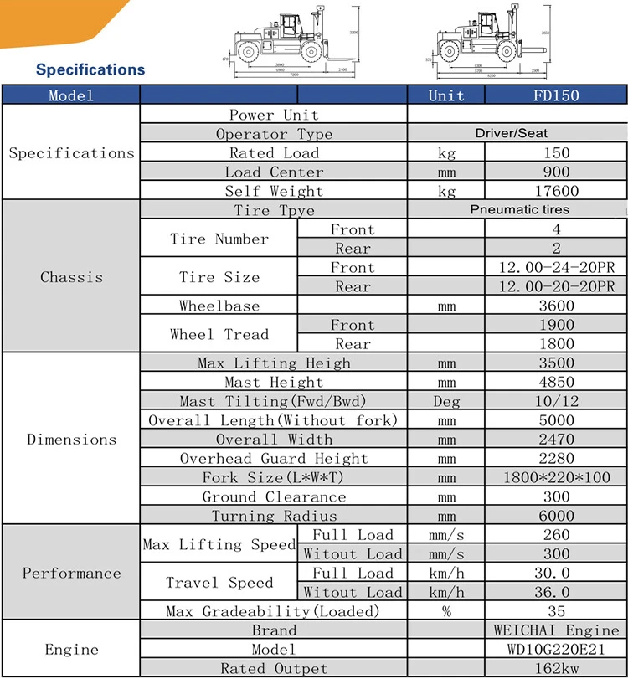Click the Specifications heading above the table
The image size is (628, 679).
(90, 69)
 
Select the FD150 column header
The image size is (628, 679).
(556, 95)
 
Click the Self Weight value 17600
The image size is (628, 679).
(556, 191)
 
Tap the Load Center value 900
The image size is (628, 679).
(556, 172)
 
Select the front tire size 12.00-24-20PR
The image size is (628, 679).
(556, 268)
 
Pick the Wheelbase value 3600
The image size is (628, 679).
(556, 306)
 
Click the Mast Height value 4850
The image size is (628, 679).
(556, 383)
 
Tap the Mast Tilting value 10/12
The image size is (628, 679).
(556, 401)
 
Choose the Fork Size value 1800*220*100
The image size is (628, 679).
(556, 477)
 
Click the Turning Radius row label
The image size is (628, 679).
(274, 516)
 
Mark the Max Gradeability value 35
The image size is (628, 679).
(556, 611)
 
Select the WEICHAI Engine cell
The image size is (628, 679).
(556, 630)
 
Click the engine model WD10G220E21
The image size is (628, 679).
(556, 650)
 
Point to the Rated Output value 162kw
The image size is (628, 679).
(556, 669)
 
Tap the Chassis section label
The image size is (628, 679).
(71, 277)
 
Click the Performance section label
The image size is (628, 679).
(71, 574)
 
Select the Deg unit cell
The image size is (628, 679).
(446, 401)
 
